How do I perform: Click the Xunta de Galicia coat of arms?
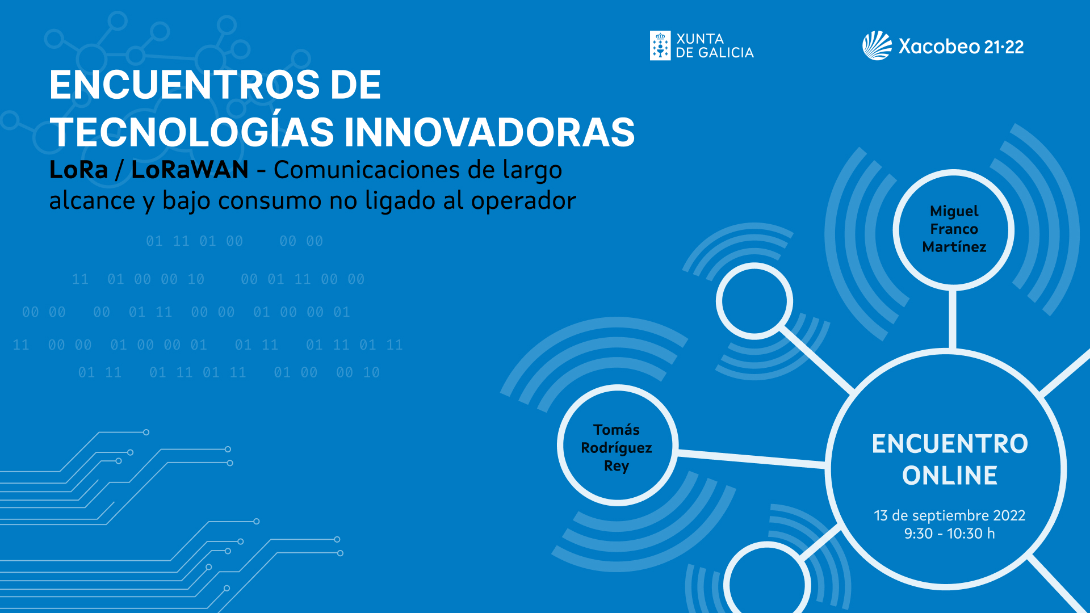[660, 46]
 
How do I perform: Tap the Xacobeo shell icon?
[877, 45]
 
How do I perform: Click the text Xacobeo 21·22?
[961, 47]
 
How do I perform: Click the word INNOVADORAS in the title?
[489, 132]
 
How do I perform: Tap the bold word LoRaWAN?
[190, 170]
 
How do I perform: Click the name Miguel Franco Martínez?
[954, 229]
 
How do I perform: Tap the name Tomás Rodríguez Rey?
[617, 448]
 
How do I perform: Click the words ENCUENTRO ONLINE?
[950, 460]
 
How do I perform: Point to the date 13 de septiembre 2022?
[950, 515]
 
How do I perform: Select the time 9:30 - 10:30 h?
[950, 534]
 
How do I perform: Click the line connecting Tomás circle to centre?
[751, 459]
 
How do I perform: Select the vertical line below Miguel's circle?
[953, 318]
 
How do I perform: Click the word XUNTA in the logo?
[700, 39]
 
